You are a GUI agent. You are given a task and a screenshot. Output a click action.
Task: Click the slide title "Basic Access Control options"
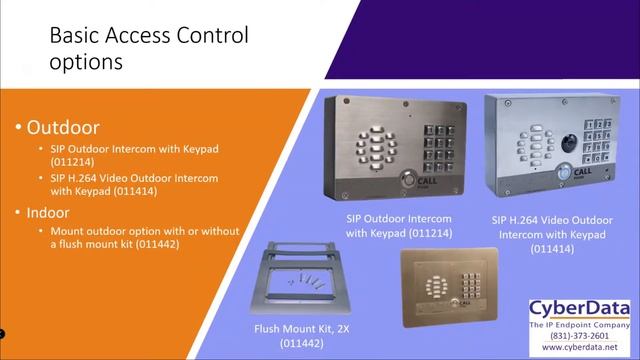pos(149,48)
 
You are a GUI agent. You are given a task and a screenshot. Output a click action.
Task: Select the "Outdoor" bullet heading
pos(62,128)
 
